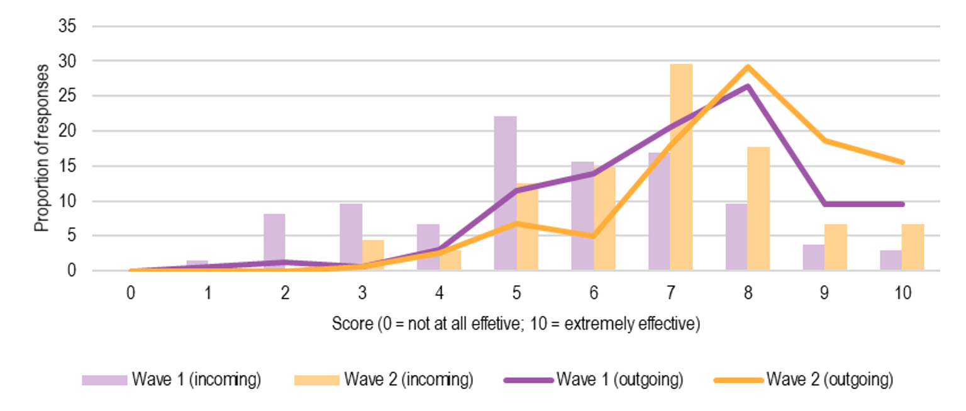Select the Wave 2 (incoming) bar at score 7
coord(681,167)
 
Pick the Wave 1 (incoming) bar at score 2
coord(274,242)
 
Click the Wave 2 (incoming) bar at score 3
coord(373,256)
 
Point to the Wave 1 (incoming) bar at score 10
coord(891,261)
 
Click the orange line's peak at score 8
coord(748,67)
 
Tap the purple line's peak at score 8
coord(747,86)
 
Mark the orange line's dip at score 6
coord(593,237)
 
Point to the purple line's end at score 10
coord(902,204)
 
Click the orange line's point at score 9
coord(825,140)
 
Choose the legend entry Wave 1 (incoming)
coord(171,380)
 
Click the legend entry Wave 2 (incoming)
coord(383,380)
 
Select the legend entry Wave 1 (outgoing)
coord(594,380)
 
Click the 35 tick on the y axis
coord(67,26)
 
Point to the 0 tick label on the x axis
coord(131,294)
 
